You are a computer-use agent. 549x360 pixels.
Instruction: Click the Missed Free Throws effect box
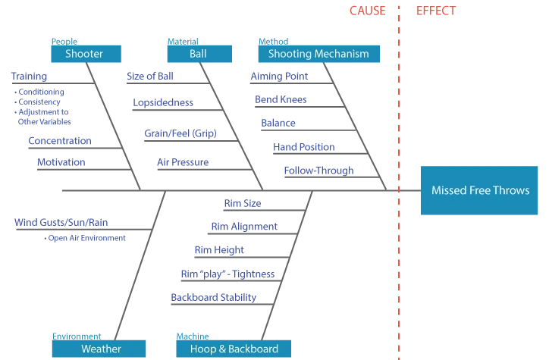(480, 190)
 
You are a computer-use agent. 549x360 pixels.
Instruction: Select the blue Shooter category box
(86, 54)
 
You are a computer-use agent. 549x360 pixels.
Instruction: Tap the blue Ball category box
(198, 54)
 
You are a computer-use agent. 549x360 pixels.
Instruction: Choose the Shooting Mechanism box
(318, 54)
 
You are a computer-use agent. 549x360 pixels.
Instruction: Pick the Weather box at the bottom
(99, 349)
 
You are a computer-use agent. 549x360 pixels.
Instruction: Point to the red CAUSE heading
(367, 11)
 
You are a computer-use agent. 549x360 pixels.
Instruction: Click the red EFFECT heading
(437, 11)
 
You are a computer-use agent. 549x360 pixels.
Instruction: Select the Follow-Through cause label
(318, 171)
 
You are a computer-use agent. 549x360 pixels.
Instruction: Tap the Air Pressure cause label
(182, 162)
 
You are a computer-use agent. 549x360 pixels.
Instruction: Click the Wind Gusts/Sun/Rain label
(61, 223)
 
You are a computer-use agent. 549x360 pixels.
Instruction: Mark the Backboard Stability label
(213, 297)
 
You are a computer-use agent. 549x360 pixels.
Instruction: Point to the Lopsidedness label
(163, 102)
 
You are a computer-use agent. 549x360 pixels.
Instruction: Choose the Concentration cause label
(59, 141)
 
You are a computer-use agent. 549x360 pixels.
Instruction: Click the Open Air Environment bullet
(86, 238)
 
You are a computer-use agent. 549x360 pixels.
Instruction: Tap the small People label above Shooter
(64, 42)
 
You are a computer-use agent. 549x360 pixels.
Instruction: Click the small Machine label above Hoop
(192, 336)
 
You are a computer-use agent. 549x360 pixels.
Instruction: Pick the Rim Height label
(218, 250)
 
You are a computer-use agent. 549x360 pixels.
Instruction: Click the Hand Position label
(303, 147)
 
